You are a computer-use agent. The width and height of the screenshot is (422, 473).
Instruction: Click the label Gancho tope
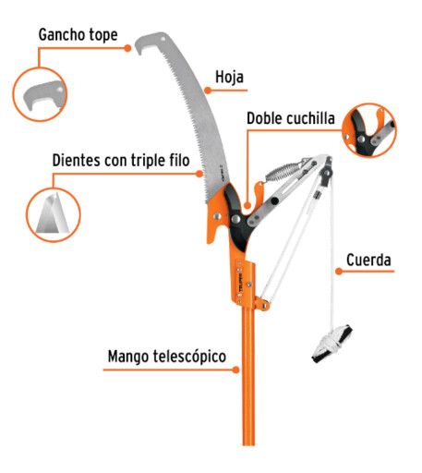(78, 35)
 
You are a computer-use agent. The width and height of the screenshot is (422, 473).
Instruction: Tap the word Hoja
(229, 77)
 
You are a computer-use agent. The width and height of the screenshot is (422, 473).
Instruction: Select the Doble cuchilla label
(291, 118)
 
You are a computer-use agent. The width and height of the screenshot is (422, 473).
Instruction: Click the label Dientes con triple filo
(121, 161)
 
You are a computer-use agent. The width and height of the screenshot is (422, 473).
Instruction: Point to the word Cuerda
(368, 260)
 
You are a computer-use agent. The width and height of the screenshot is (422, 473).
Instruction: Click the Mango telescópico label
(167, 357)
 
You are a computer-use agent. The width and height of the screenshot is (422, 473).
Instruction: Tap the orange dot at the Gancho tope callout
(127, 48)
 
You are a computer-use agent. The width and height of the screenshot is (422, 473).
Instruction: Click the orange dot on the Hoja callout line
(208, 91)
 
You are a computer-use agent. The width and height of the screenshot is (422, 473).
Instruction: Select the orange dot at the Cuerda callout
(339, 272)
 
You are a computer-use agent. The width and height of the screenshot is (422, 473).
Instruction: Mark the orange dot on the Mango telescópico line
(235, 370)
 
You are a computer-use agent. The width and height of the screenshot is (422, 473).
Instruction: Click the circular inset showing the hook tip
(40, 94)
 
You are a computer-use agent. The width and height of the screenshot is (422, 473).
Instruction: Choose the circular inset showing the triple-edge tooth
(53, 214)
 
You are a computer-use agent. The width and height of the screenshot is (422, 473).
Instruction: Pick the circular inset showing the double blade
(369, 130)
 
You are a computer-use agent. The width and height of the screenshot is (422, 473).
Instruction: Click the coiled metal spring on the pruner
(283, 172)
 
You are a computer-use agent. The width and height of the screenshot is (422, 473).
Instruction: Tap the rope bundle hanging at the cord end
(332, 344)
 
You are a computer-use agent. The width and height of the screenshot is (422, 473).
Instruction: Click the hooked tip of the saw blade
(142, 44)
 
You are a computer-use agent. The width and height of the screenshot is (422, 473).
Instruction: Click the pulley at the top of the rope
(326, 174)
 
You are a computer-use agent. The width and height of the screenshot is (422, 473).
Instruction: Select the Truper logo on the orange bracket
(241, 283)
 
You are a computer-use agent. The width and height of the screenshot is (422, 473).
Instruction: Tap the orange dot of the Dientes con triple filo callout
(199, 174)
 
